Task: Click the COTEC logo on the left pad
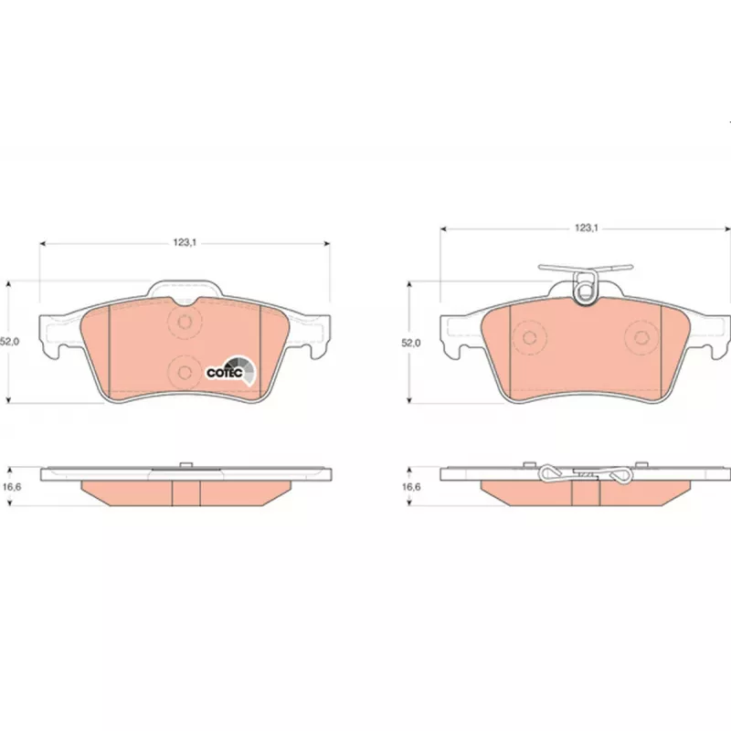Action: (231, 371)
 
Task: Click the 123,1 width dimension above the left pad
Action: (185, 242)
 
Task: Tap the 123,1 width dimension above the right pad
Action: (586, 228)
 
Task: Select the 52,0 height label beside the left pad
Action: (9, 341)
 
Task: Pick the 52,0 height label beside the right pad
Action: (410, 343)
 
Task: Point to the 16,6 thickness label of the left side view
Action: (12, 487)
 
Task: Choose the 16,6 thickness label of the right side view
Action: (410, 487)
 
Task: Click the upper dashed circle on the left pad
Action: (185, 322)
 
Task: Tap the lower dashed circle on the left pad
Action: (185, 372)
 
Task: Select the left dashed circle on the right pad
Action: (529, 337)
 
